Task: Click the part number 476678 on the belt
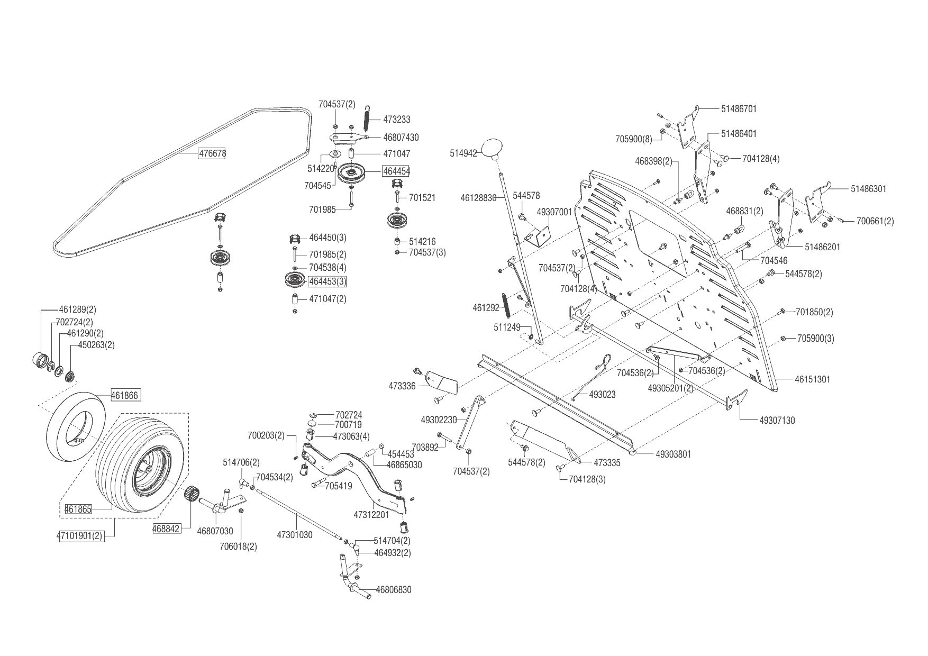point(212,154)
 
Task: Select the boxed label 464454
point(396,171)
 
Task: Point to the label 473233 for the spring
point(397,120)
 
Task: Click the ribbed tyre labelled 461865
point(140,460)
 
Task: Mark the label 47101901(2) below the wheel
point(80,536)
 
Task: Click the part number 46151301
point(813,379)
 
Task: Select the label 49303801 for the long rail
point(673,454)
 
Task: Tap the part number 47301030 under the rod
point(295,535)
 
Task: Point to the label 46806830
point(394,589)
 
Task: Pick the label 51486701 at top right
point(739,109)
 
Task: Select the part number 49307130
point(777,421)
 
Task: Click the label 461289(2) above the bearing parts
point(77,309)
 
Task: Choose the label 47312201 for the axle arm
point(371,514)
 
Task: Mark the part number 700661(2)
point(875,221)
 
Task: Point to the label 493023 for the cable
point(602,395)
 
